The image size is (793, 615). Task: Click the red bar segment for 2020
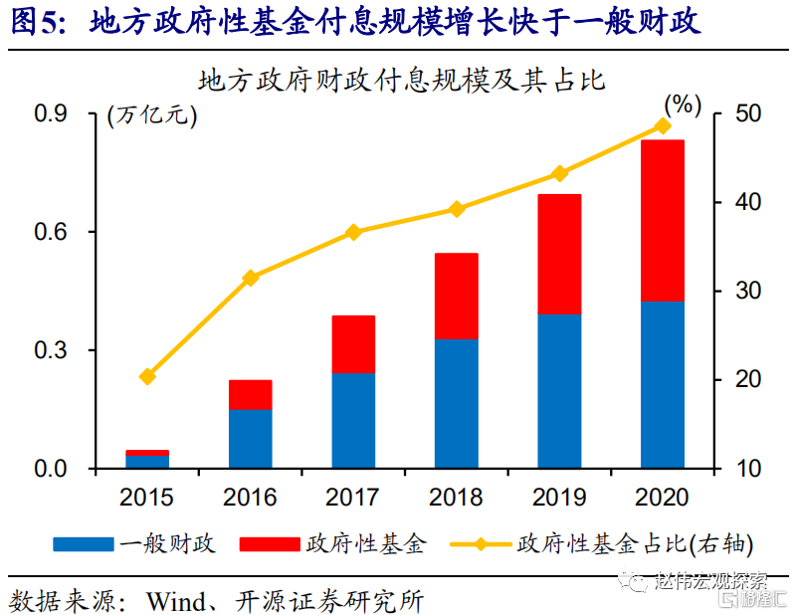[663, 221]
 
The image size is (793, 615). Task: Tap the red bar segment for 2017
[353, 344]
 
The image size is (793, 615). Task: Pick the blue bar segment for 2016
[250, 438]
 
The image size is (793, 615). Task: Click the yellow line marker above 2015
[147, 376]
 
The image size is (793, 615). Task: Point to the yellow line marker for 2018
[457, 209]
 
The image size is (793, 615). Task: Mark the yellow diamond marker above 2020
[663, 126]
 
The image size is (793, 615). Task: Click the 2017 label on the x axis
[353, 497]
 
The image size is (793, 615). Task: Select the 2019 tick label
[559, 497]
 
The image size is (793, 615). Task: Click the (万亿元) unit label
[152, 114]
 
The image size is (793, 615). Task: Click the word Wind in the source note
[175, 600]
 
